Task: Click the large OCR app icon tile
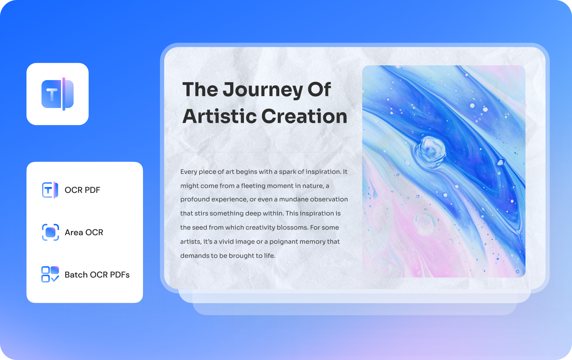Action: tap(58, 94)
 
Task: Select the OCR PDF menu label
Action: tap(82, 190)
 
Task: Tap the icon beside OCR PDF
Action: tap(50, 190)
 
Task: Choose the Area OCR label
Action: tap(84, 232)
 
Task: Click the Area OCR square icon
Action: tap(50, 232)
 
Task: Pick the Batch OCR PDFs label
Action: tap(97, 275)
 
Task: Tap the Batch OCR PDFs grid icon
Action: tap(50, 274)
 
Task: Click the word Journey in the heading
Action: tap(263, 90)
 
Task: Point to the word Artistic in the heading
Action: tap(219, 116)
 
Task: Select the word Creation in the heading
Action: tap(304, 116)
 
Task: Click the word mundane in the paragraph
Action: tap(294, 199)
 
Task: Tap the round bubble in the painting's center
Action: tap(430, 152)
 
